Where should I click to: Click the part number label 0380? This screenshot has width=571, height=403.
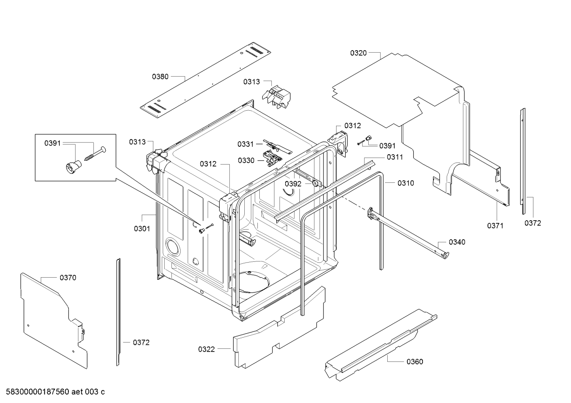coord(160,77)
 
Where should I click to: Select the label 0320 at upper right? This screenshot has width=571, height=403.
coord(358,53)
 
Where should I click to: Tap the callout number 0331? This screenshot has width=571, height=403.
coord(246,144)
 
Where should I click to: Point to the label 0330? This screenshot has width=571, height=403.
coord(246,160)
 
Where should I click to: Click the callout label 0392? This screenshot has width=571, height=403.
coord(293,184)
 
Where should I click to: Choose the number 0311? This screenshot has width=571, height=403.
coord(395,157)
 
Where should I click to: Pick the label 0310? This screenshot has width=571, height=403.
coord(406,183)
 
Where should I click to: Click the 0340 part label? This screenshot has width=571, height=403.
coord(457,242)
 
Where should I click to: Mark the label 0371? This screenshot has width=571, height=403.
coord(495,225)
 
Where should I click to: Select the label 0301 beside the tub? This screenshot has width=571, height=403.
coord(142,228)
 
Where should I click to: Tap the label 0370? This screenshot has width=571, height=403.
coord(68,278)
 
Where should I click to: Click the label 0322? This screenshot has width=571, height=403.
coord(206,349)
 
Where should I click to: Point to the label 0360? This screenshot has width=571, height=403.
coord(415,361)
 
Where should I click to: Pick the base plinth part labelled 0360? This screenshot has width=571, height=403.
coord(380,344)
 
